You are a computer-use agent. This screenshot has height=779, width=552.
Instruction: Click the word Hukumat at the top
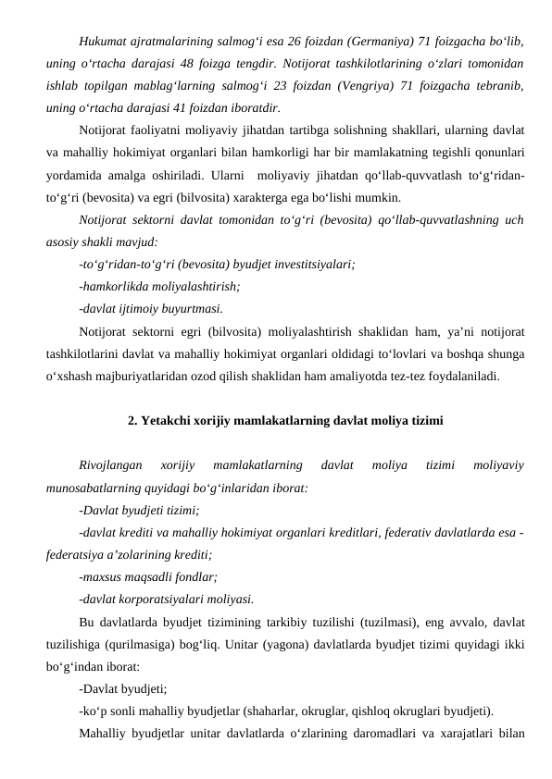click(x=103, y=42)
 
